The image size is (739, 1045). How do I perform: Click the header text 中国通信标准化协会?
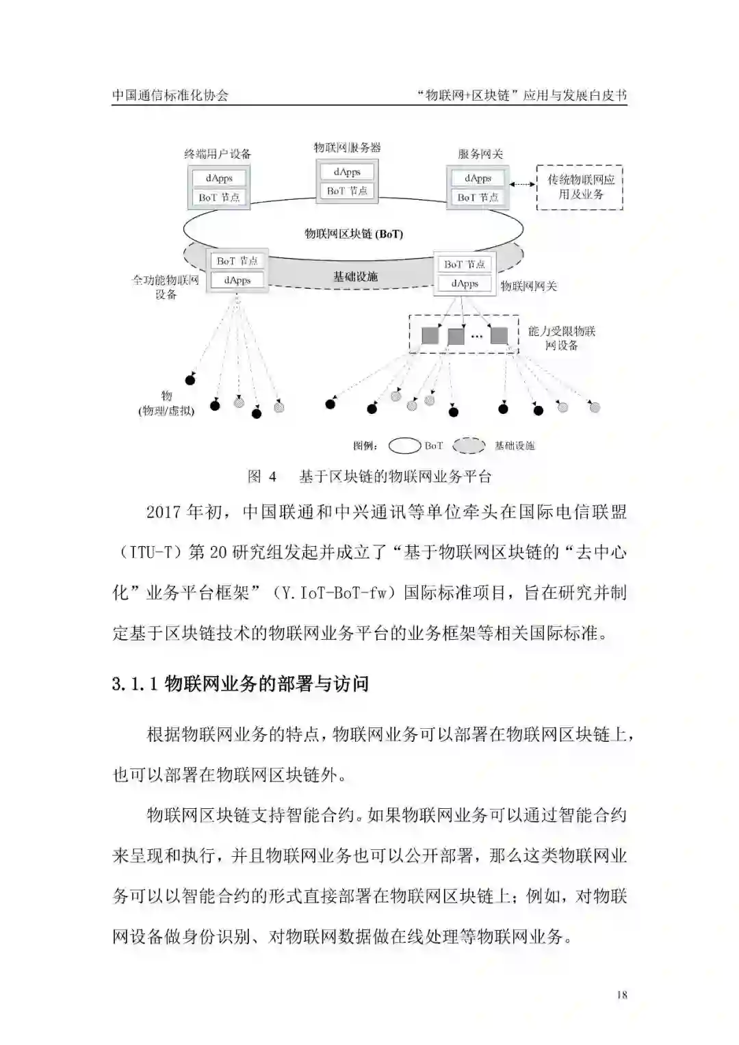[170, 95]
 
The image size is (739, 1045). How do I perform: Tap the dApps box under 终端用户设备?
[219, 179]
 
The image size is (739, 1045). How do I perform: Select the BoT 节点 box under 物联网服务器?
[347, 191]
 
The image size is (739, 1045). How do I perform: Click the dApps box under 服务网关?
[478, 179]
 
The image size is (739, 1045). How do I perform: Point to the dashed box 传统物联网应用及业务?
[580, 187]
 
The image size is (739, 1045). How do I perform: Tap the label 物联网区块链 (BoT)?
[353, 234]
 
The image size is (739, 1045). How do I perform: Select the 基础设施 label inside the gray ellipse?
[355, 276]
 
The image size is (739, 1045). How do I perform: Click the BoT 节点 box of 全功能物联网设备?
[237, 261]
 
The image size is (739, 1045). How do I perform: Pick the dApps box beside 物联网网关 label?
[465, 283]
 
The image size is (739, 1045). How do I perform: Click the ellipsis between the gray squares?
[477, 336]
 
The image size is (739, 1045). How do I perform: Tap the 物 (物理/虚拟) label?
[166, 404]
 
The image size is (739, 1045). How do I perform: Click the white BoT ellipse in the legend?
[404, 446]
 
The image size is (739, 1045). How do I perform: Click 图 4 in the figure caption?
[261, 477]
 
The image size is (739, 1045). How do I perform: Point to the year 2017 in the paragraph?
[164, 513]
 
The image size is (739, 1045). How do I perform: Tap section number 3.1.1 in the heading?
[135, 684]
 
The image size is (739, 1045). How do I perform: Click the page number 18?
[621, 995]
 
